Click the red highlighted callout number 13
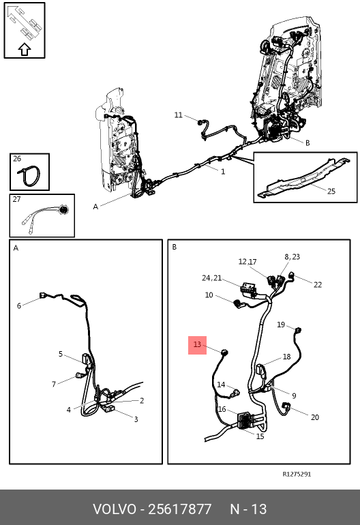pos(197,344)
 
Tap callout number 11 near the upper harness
pos(178,115)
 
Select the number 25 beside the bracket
pos(331,191)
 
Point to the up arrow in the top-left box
pos(24,50)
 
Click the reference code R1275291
pos(297,474)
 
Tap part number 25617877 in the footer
pos(179,509)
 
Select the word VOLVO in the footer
pos(115,509)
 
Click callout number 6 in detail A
pos(19,305)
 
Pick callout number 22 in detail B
pos(318,284)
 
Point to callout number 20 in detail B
pos(315,417)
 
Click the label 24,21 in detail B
pos(211,278)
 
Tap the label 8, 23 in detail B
pos(292,257)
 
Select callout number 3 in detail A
pos(136,419)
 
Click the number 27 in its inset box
pos(17,199)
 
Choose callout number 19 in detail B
pos(281,325)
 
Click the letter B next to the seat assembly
pos(307,143)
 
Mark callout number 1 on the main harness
pos(223,171)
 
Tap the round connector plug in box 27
pos(63,210)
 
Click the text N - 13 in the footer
pos(248,509)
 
